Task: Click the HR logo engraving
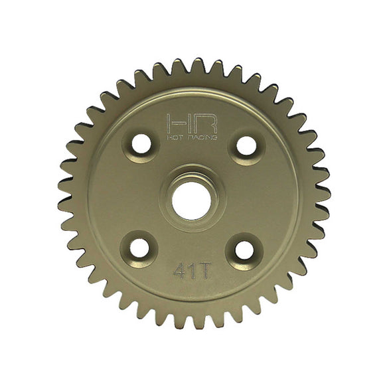point(191,126)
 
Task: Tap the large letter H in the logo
point(177,123)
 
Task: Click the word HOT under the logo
point(174,137)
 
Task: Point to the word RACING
point(200,137)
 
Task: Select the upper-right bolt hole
point(246,145)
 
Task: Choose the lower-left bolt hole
point(139,248)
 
